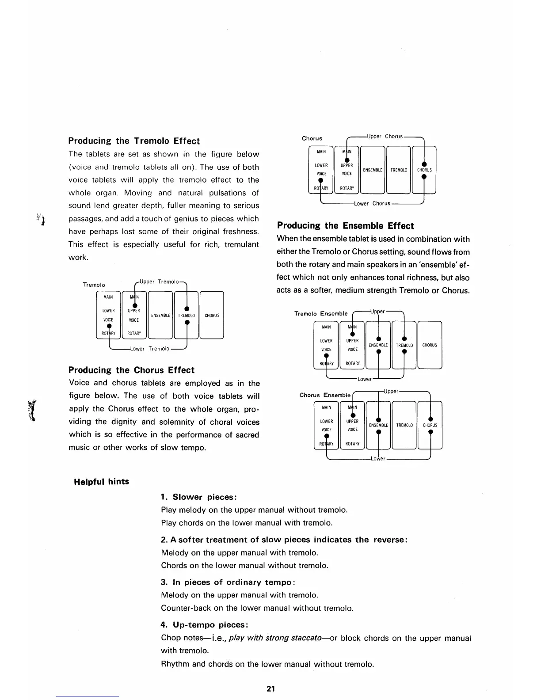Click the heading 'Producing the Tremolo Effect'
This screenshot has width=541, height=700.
[134, 141]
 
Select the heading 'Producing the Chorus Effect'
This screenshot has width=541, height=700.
[131, 370]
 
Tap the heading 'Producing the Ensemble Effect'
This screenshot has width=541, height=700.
[345, 226]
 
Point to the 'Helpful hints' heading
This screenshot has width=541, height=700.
[102, 482]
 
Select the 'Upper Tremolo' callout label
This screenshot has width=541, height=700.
[159, 282]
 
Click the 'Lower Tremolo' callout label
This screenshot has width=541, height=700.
[150, 349]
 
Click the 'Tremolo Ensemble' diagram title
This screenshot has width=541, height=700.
[321, 313]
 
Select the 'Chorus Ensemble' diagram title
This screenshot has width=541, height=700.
[325, 395]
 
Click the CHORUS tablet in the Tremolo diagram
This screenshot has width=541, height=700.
[212, 315]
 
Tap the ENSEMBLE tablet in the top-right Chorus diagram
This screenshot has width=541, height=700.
[373, 170]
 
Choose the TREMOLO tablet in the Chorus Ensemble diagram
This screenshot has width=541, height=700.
[404, 425]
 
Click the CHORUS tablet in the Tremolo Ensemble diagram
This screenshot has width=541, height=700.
[430, 345]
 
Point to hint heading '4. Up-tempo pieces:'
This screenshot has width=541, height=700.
[204, 625]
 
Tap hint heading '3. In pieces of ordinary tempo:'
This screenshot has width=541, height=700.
[228, 582]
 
